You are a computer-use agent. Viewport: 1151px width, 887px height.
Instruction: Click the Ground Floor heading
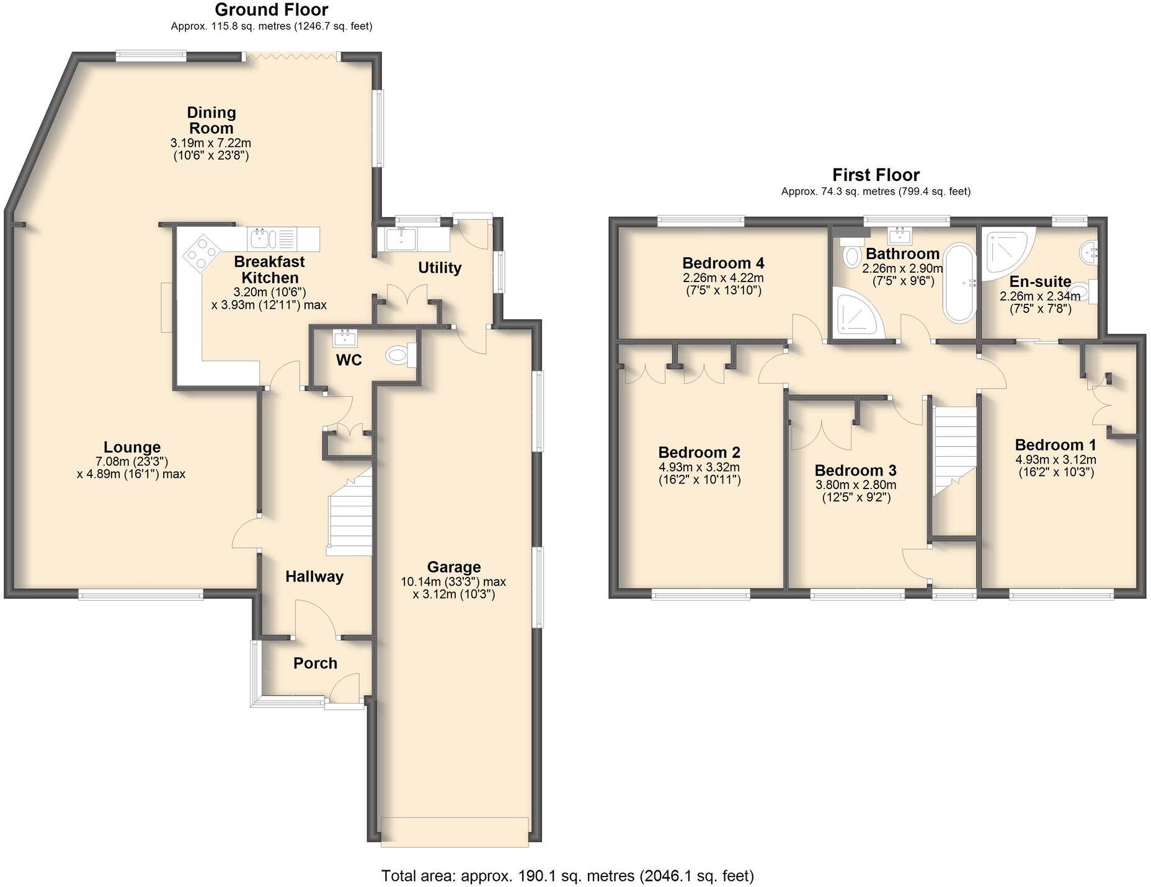pyautogui.click(x=271, y=10)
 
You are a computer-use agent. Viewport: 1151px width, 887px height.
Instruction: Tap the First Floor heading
pyautogui.click(x=875, y=175)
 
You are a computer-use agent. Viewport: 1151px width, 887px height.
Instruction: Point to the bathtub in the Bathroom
pyautogui.click(x=959, y=283)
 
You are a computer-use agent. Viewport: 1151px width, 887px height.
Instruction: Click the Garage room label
pyautogui.click(x=453, y=567)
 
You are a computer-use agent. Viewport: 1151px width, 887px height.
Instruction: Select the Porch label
pyautogui.click(x=315, y=663)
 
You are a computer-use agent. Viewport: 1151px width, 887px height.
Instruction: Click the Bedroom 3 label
pyautogui.click(x=855, y=470)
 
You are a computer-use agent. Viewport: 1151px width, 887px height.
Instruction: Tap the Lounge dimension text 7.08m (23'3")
pyautogui.click(x=131, y=461)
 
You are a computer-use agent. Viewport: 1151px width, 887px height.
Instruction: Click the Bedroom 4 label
pyautogui.click(x=722, y=263)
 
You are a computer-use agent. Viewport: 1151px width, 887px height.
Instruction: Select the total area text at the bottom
pyautogui.click(x=567, y=875)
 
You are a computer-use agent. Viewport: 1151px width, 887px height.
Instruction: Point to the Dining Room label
pyautogui.click(x=211, y=120)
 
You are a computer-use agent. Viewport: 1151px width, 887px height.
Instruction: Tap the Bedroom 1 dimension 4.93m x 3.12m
pyautogui.click(x=1055, y=459)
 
